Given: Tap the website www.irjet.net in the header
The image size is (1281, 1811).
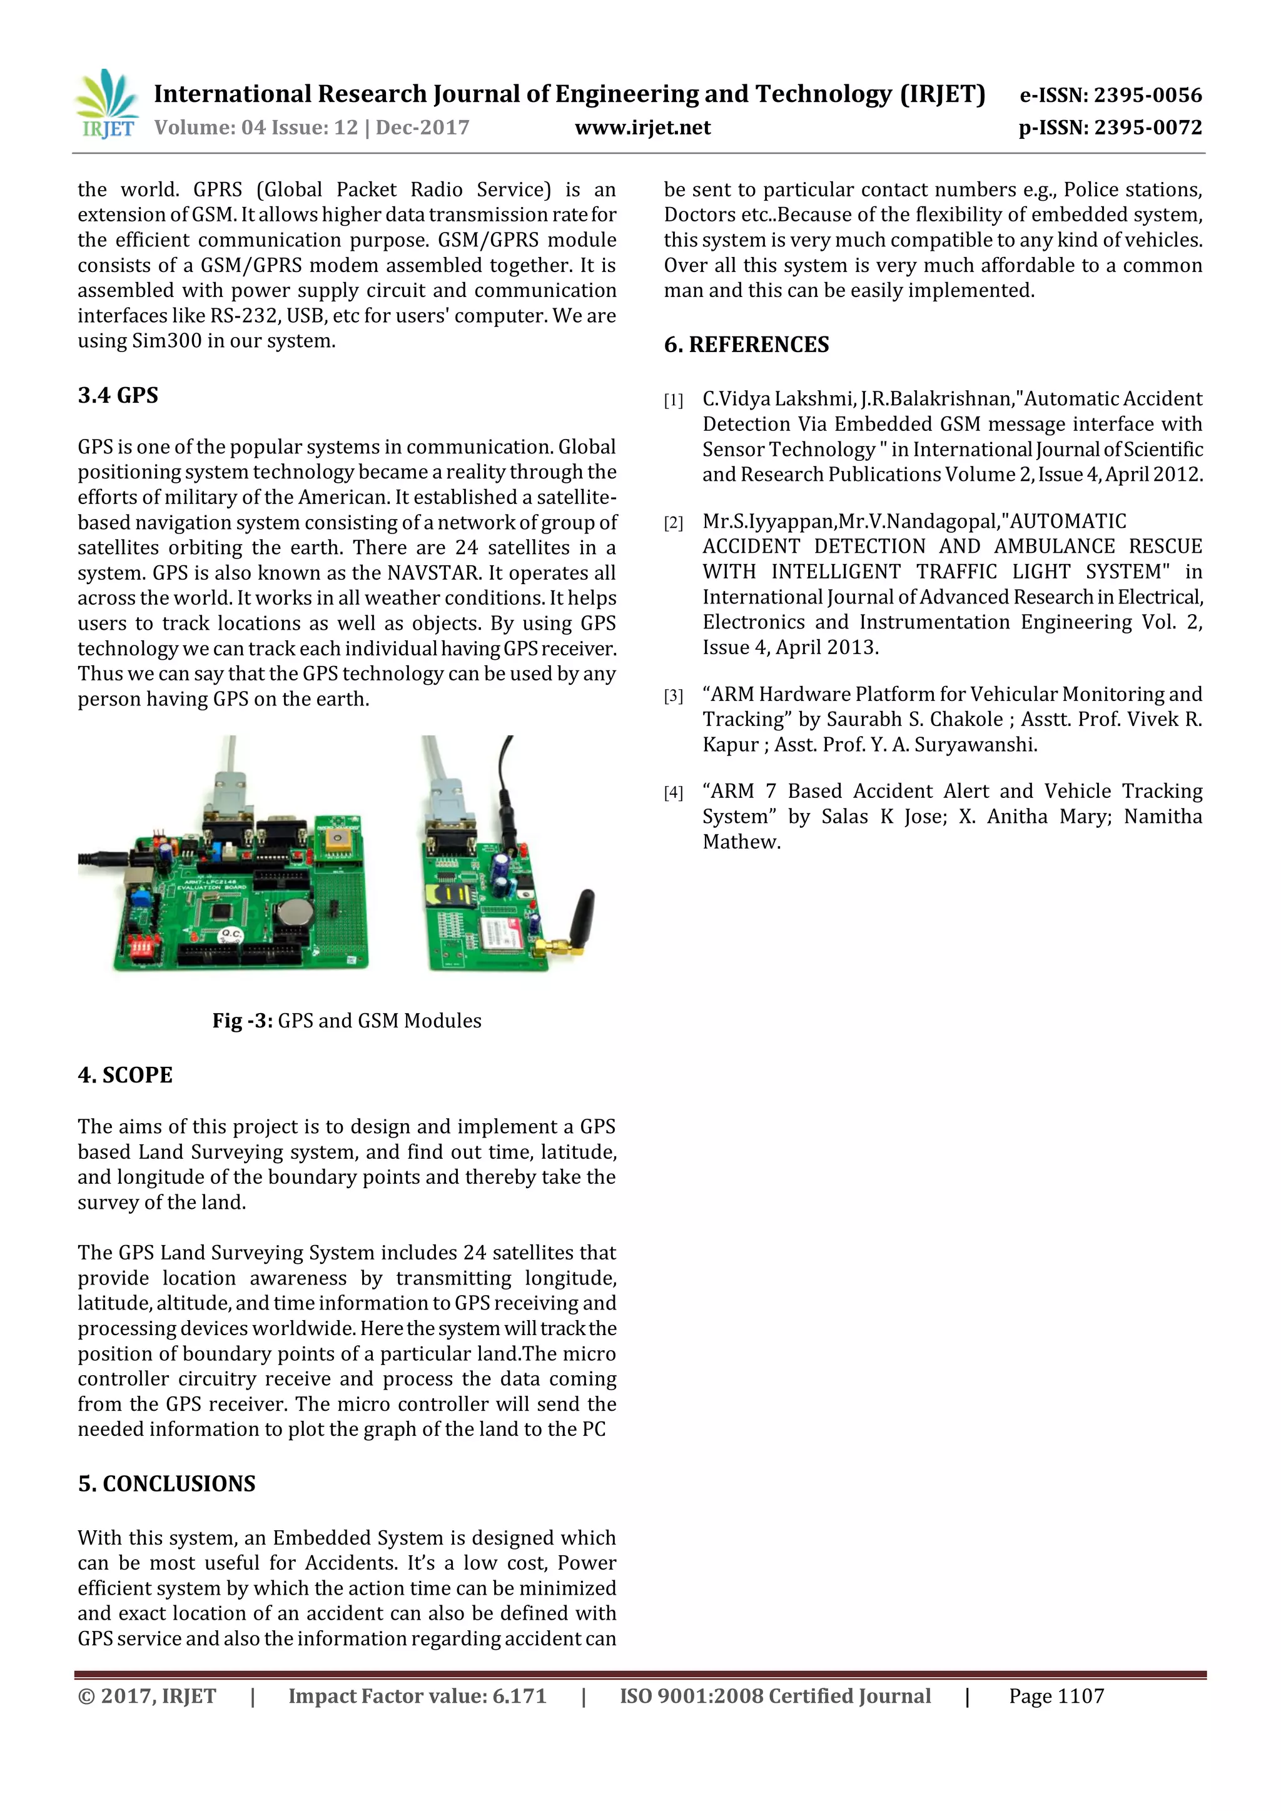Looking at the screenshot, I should pos(642,128).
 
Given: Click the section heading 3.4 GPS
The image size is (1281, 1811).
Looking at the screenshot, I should pos(118,395).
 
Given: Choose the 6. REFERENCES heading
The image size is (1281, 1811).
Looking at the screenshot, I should pos(746,345).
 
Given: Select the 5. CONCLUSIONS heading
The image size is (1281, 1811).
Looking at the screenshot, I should pos(166,1484).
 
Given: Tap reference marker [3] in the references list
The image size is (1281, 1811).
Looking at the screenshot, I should pos(673,695).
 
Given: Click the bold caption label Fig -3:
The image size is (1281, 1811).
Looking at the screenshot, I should pos(242,1021).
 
